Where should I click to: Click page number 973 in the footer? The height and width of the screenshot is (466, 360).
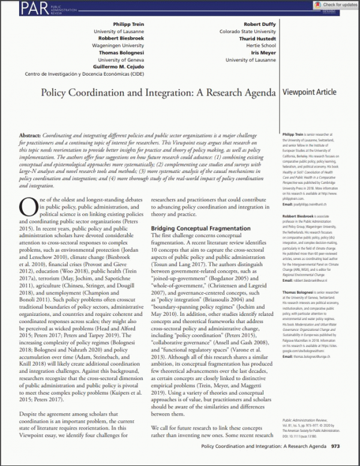(335, 447)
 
